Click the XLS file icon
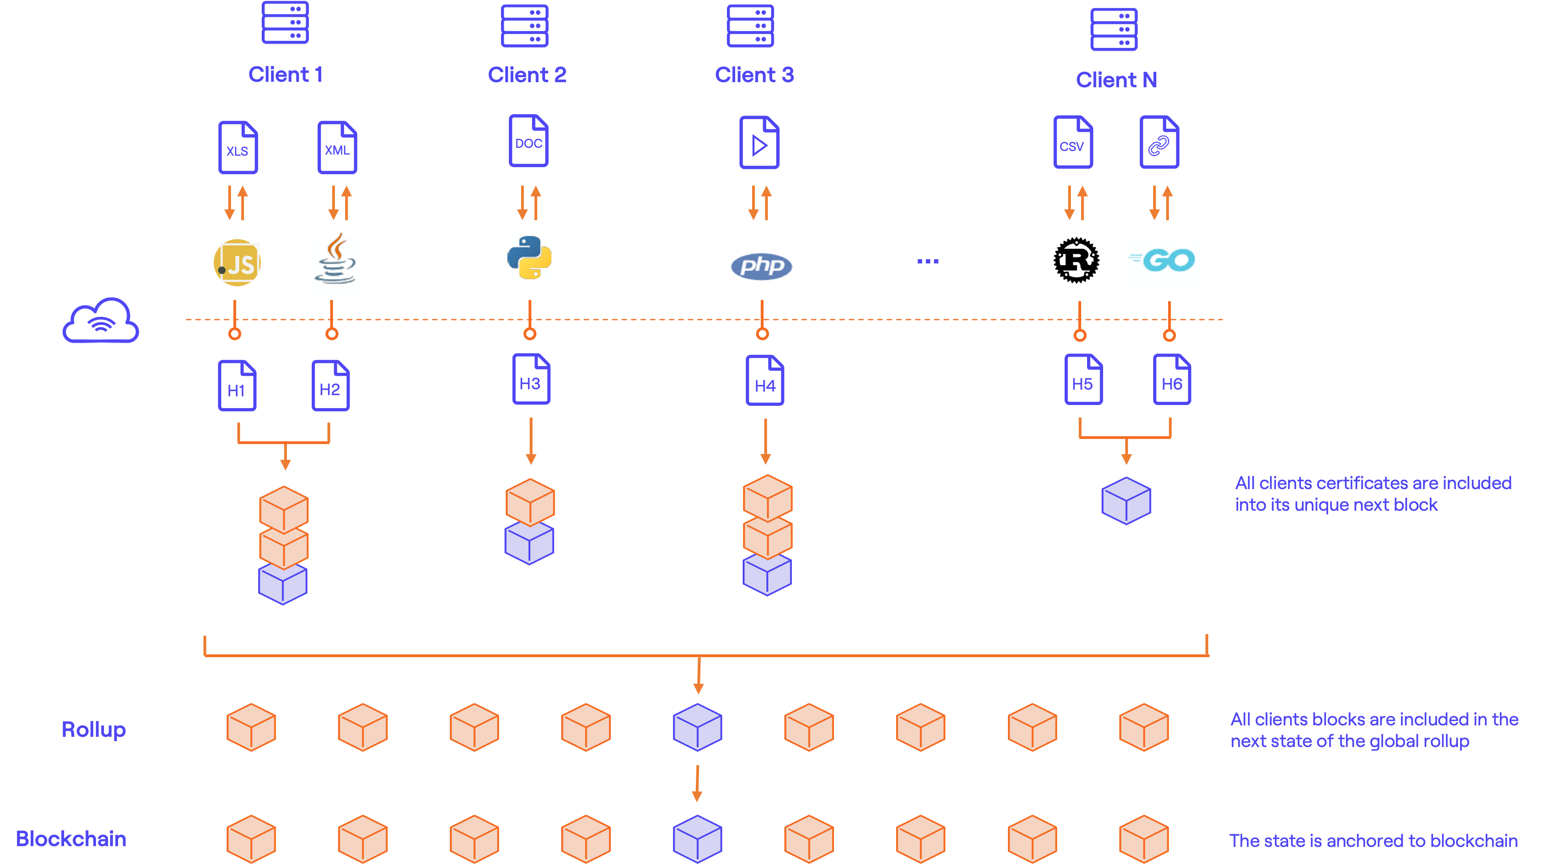click(x=238, y=148)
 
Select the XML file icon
click(x=337, y=148)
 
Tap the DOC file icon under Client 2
click(x=529, y=141)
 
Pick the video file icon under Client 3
click(x=759, y=143)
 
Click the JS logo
click(x=237, y=263)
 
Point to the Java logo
click(x=337, y=264)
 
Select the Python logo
click(x=529, y=258)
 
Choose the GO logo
click(x=1164, y=264)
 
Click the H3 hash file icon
click(x=531, y=379)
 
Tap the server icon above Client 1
click(x=285, y=23)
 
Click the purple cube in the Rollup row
click(x=697, y=727)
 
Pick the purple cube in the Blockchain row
click(x=697, y=839)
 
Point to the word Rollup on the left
click(x=93, y=729)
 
